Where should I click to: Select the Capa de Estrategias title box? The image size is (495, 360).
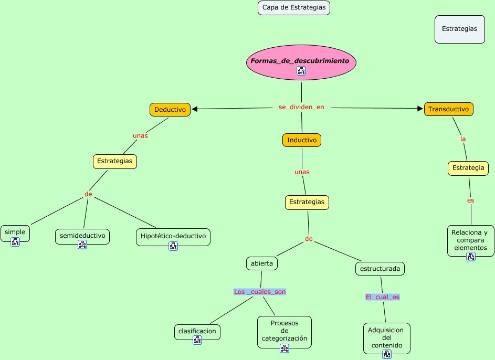(x=294, y=8)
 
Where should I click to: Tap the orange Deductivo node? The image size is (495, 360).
(x=170, y=110)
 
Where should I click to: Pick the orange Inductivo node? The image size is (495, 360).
(x=301, y=140)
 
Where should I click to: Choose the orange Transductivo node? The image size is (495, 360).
(x=448, y=109)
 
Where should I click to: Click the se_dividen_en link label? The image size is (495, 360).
(x=301, y=107)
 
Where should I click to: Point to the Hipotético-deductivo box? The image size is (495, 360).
(x=173, y=236)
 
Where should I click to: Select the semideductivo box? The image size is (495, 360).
(x=82, y=236)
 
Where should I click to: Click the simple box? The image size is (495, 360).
(x=15, y=232)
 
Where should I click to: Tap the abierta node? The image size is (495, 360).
(x=261, y=263)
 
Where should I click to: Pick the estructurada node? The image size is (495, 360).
(x=380, y=269)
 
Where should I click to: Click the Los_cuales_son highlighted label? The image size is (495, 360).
(x=260, y=292)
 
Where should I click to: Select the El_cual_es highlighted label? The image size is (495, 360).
(x=383, y=297)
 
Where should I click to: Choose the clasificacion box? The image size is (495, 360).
(x=197, y=332)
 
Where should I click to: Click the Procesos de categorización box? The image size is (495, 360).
(x=284, y=331)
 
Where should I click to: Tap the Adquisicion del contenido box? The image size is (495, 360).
(x=386, y=338)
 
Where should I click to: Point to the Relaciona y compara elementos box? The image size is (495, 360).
(x=470, y=240)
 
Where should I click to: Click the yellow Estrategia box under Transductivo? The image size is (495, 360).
(x=468, y=168)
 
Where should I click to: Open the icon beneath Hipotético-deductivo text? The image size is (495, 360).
(x=173, y=246)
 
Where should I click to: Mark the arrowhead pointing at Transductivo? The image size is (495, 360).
(x=420, y=109)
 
